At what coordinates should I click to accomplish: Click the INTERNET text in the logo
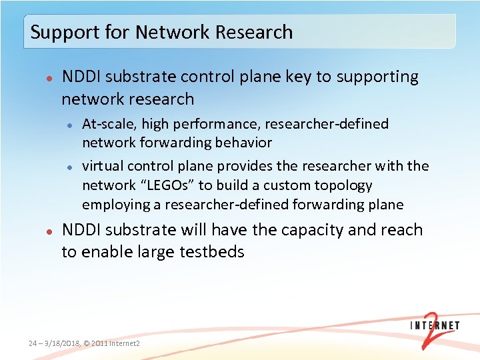tap(435, 326)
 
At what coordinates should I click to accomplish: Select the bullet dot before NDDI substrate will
tap(49, 231)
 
